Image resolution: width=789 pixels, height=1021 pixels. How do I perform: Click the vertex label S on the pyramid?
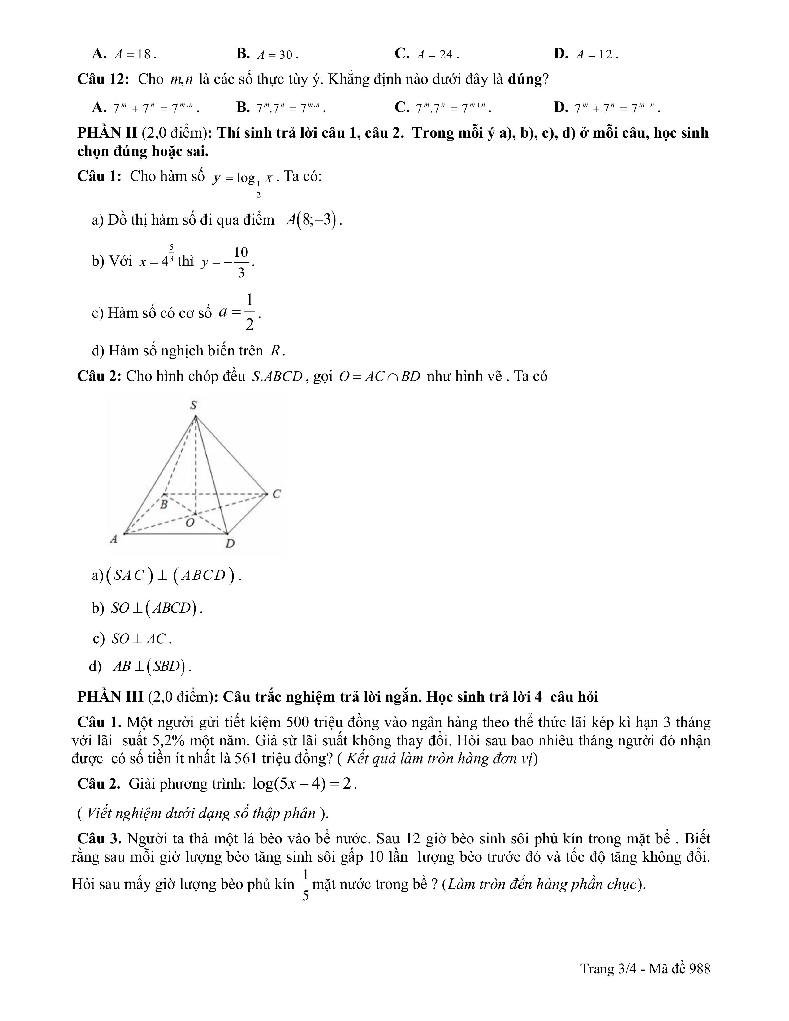click(x=193, y=405)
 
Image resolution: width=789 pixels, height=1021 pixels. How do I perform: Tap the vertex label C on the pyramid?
click(x=276, y=494)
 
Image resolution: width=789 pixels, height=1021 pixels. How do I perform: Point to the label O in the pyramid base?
click(x=189, y=523)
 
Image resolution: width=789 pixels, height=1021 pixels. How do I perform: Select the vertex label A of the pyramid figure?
click(x=114, y=539)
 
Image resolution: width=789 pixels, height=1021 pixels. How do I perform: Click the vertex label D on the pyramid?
click(x=230, y=543)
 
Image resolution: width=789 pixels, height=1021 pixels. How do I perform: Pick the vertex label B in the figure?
click(x=164, y=505)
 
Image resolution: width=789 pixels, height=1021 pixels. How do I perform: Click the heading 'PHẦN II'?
click(x=107, y=133)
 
